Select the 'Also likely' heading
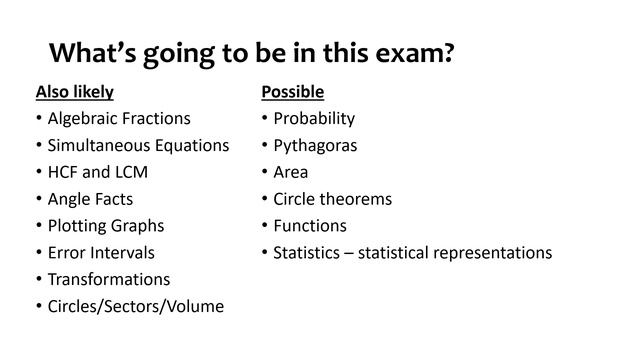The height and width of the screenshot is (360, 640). [74, 92]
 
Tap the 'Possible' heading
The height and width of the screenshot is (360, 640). [292, 92]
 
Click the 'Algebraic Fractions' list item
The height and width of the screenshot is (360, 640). [119, 118]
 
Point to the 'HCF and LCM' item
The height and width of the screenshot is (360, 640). [98, 172]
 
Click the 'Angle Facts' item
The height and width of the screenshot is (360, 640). [90, 199]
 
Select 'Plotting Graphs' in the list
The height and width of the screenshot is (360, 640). [106, 226]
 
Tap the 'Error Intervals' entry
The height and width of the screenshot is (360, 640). [101, 253]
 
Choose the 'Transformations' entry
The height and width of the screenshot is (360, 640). [109, 279]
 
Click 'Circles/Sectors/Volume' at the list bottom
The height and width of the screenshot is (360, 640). [136, 306]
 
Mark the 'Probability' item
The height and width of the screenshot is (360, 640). [314, 118]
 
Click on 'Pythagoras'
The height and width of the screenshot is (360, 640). [315, 145]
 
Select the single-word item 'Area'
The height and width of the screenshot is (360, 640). [291, 172]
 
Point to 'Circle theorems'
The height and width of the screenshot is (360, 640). [333, 199]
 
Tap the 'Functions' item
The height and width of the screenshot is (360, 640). [310, 226]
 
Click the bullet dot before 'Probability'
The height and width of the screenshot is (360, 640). [264, 119]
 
